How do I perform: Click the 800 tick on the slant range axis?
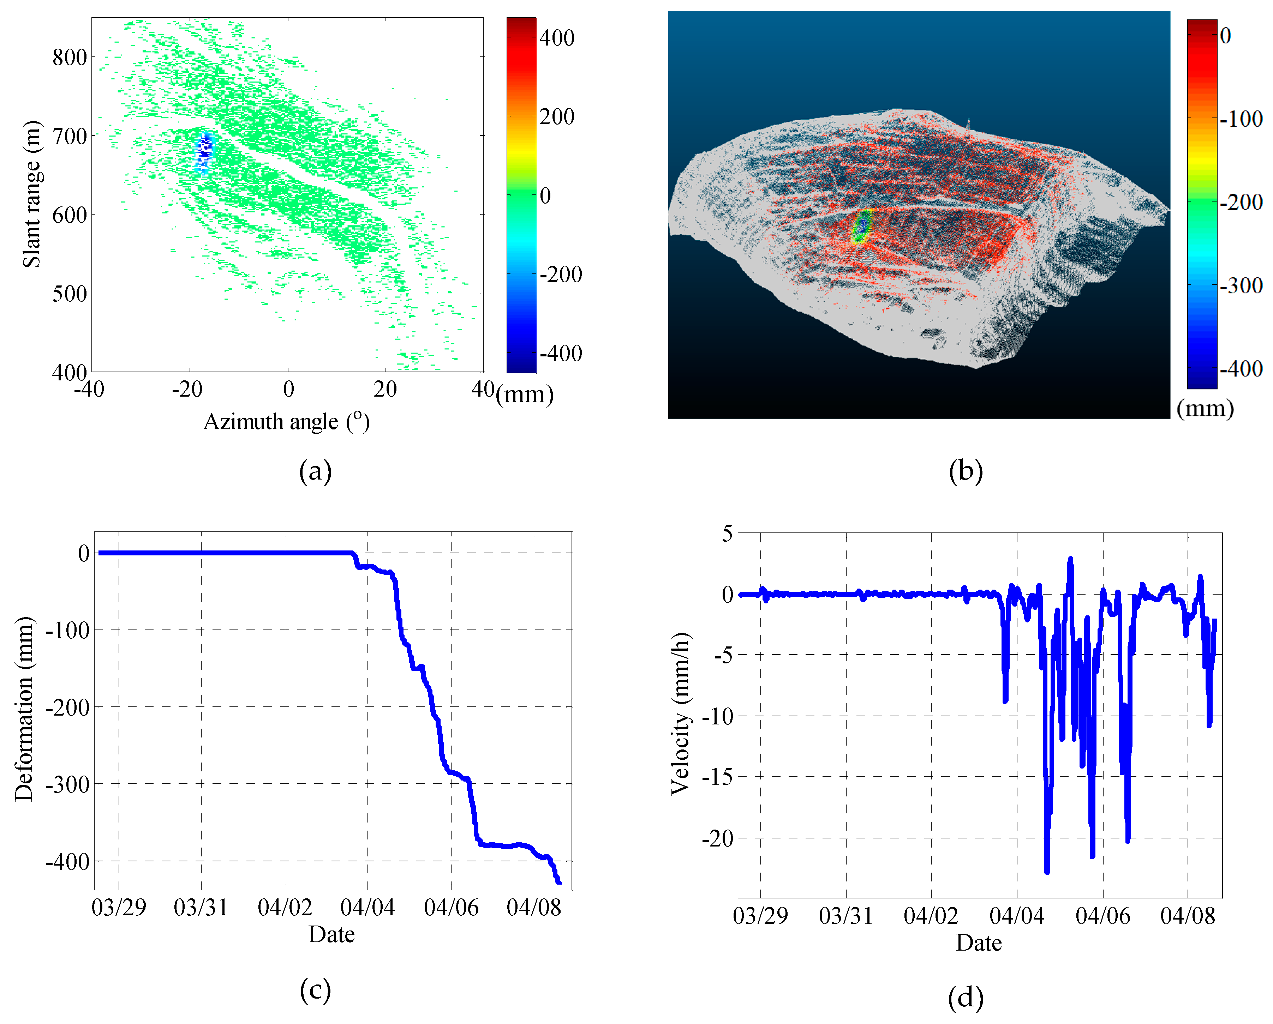[70, 57]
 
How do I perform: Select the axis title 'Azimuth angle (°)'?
[286, 421]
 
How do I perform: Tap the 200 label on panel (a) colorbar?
[557, 116]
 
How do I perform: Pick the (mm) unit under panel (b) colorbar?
[1205, 408]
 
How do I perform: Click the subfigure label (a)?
[315, 471]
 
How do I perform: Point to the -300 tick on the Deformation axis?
[67, 784]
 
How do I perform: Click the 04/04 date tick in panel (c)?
[367, 907]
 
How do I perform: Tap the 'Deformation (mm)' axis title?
[25, 708]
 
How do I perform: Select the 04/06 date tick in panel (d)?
[1102, 915]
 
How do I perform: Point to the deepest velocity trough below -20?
[1047, 871]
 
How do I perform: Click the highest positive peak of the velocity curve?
[1070, 558]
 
